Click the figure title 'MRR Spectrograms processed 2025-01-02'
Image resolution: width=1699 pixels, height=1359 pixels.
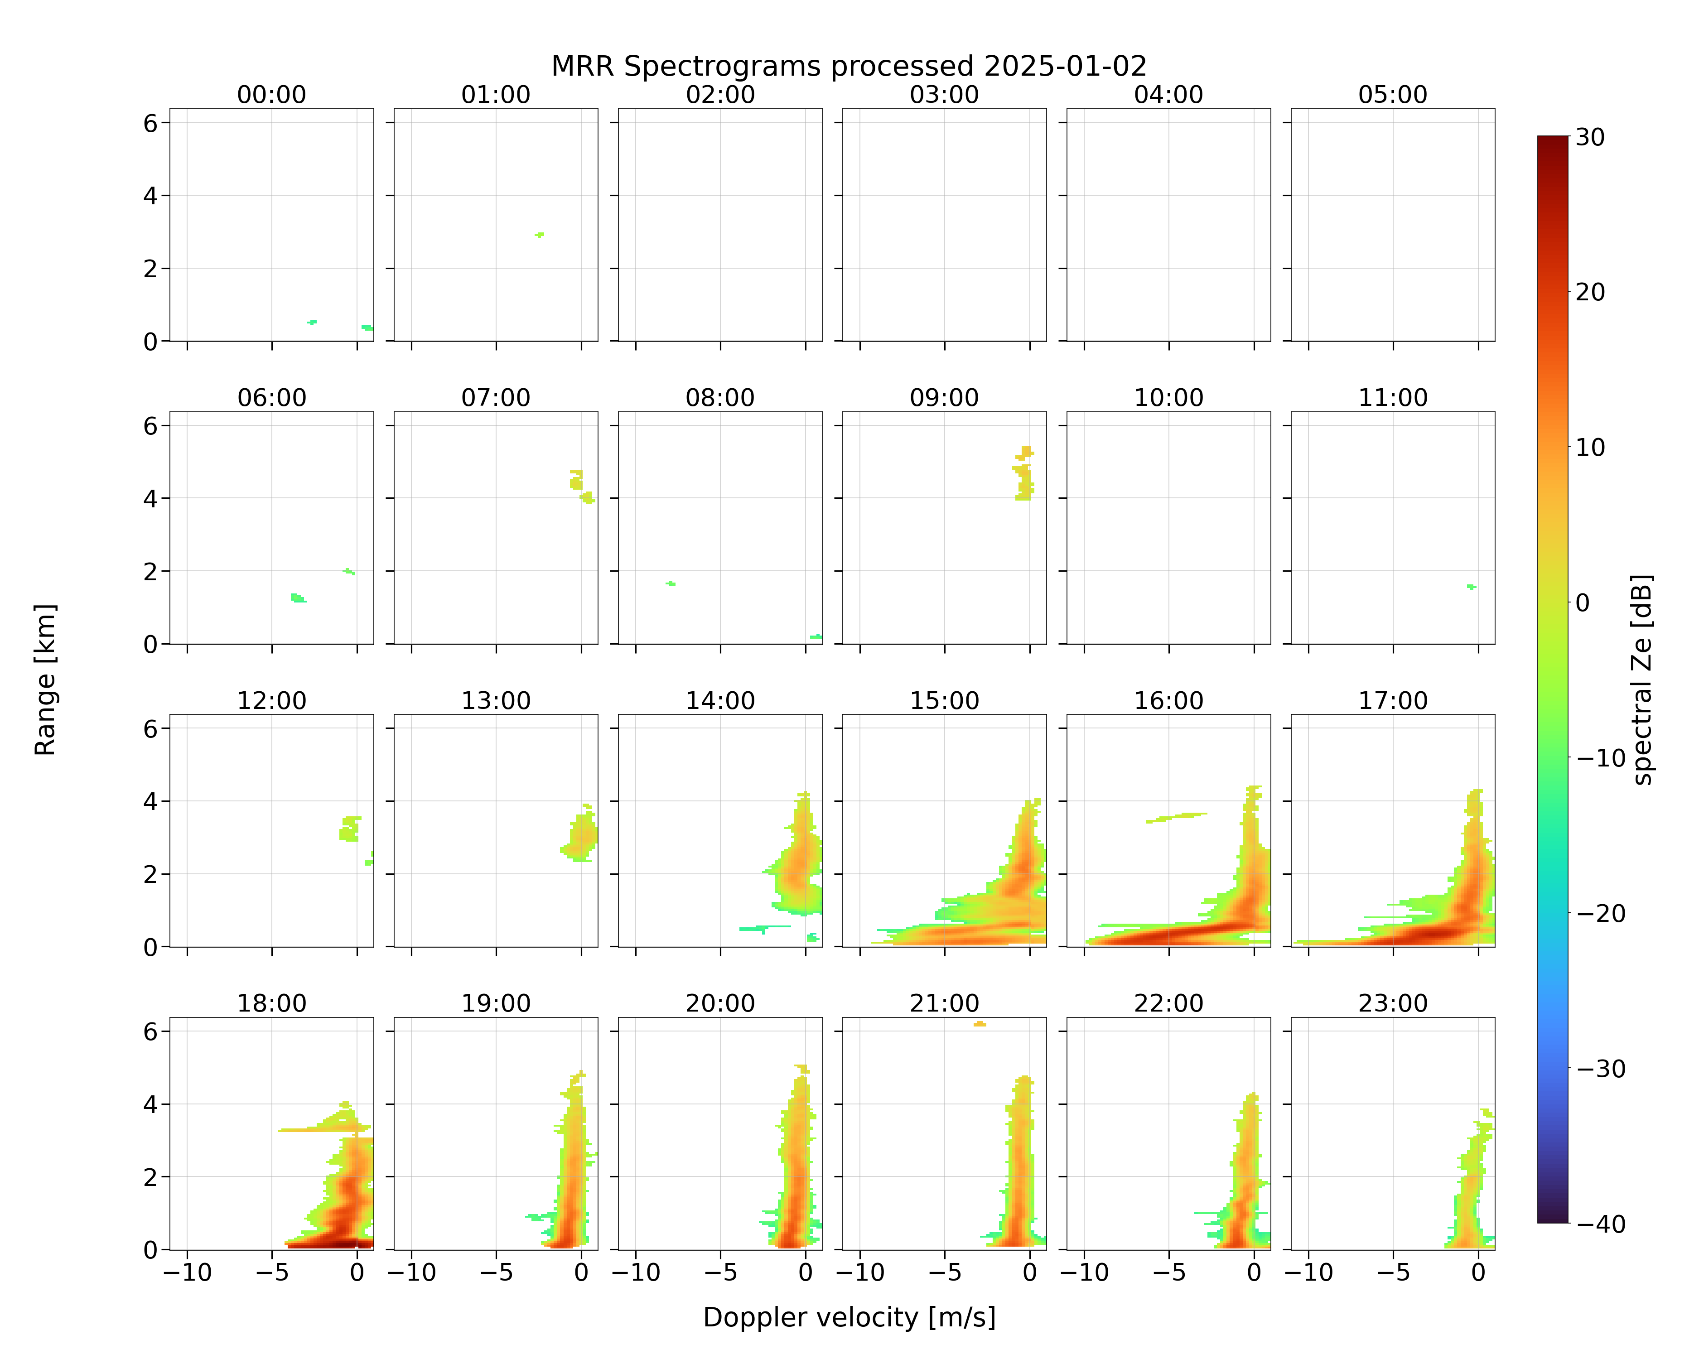coord(849,66)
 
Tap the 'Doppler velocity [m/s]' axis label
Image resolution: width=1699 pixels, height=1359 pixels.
coord(849,1317)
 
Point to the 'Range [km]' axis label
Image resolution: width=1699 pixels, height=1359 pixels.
coord(45,680)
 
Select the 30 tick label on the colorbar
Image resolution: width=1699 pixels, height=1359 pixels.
coord(1590,137)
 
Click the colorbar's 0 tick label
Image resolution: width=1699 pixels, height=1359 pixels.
coord(1583,602)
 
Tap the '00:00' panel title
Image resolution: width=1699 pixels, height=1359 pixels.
coord(272,95)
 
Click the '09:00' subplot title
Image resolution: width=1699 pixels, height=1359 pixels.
coord(944,397)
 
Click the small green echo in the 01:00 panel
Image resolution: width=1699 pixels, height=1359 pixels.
coord(540,235)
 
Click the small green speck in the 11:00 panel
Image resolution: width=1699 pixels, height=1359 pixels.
coord(1471,587)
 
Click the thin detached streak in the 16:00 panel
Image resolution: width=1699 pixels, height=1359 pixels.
coord(1177,818)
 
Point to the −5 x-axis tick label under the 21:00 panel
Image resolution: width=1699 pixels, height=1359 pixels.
coord(944,1272)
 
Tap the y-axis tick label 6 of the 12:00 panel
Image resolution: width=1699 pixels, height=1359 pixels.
coord(150,729)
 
